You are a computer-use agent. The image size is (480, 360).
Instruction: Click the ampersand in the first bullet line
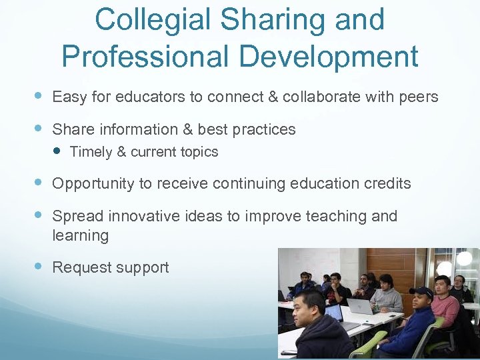273,97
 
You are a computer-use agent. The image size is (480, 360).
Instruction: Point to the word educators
150,97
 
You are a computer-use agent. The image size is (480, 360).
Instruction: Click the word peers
418,97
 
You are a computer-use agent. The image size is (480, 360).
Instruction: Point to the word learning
80,235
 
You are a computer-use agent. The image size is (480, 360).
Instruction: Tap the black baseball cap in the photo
421,292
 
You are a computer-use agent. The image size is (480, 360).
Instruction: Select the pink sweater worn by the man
445,309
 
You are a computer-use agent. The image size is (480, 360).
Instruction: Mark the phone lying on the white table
288,351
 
